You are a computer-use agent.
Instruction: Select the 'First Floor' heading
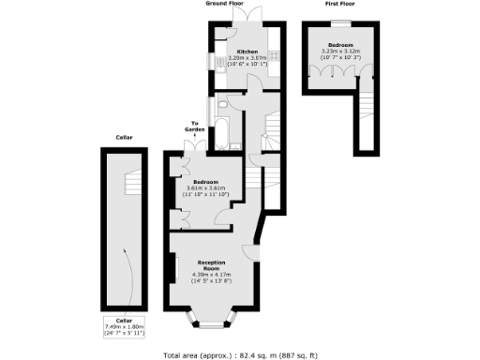(339, 4)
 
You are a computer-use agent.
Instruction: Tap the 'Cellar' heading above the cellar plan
(125, 138)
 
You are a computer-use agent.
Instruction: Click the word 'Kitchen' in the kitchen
(247, 52)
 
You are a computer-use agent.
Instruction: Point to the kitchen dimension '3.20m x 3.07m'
(247, 58)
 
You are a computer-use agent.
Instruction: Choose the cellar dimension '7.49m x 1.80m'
(125, 328)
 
